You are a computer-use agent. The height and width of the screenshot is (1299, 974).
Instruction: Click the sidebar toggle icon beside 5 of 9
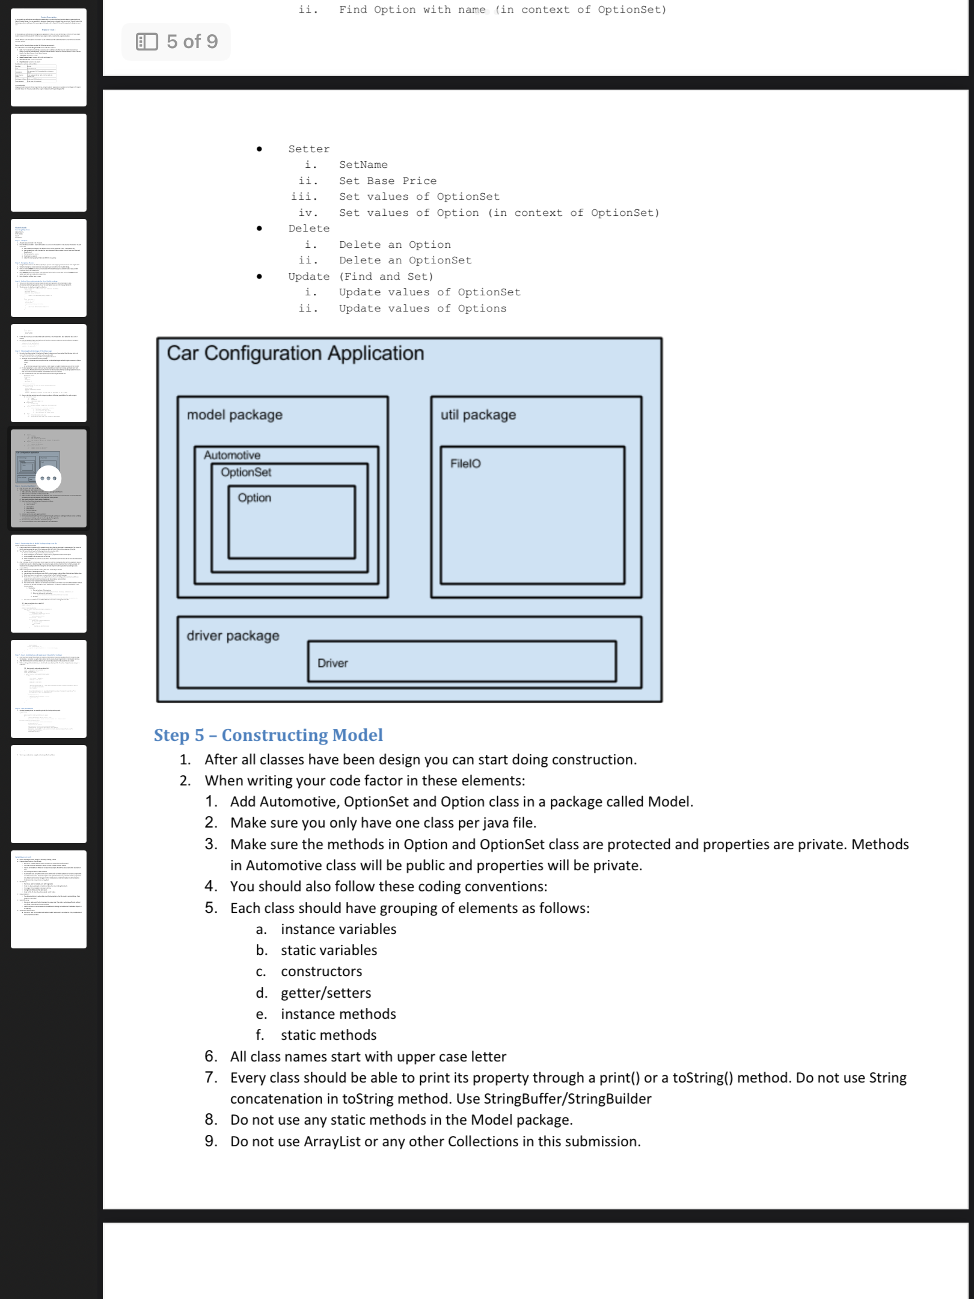click(x=147, y=41)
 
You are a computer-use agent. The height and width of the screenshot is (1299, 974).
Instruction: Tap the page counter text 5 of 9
click(x=192, y=41)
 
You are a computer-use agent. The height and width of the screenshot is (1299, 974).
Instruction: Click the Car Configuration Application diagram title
click(x=295, y=353)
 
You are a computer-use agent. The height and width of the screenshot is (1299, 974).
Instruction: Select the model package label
click(x=234, y=415)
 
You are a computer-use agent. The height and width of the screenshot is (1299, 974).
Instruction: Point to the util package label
click(x=478, y=415)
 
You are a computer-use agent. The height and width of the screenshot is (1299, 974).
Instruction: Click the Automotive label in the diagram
click(x=232, y=455)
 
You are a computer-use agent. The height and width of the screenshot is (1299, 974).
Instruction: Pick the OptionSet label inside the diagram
click(x=246, y=473)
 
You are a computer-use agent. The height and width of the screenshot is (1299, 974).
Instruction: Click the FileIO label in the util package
click(x=465, y=464)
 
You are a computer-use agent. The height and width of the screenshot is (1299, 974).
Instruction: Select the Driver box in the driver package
click(x=462, y=662)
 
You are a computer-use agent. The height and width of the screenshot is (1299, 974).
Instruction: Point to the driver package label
click(x=233, y=636)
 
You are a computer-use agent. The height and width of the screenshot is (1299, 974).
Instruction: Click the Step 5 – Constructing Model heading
click(x=268, y=735)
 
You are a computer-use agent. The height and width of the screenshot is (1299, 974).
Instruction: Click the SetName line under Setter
click(x=363, y=165)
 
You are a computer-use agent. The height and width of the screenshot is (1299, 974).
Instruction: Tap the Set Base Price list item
click(x=388, y=181)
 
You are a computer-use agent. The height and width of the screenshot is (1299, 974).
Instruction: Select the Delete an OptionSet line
click(x=405, y=260)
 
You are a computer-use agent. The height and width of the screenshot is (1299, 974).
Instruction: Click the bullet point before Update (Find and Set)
click(x=259, y=277)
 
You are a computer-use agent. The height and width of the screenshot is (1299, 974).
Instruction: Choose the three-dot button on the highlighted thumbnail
click(x=49, y=478)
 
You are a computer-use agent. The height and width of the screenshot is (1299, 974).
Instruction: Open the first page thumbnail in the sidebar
click(x=49, y=58)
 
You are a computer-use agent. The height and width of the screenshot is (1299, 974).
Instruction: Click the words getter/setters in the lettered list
click(x=326, y=993)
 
